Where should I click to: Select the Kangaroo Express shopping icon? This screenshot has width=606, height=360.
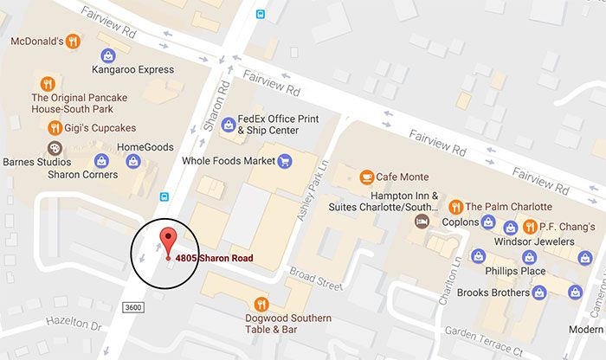tap(107, 54)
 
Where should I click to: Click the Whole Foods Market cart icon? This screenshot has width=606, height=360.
tap(283, 161)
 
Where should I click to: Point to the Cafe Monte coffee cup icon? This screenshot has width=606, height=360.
tap(367, 177)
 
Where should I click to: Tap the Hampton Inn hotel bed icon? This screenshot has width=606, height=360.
tap(422, 222)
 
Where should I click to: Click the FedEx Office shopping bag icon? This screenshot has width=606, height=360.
tap(229, 125)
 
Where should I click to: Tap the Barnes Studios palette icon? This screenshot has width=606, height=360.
tap(55, 149)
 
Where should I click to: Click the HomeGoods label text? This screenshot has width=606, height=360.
tap(145, 147)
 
